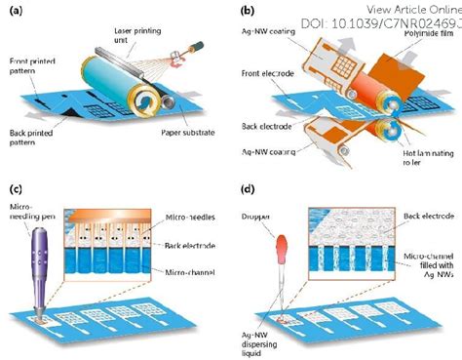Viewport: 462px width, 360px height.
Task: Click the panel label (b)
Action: coord(248,11)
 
